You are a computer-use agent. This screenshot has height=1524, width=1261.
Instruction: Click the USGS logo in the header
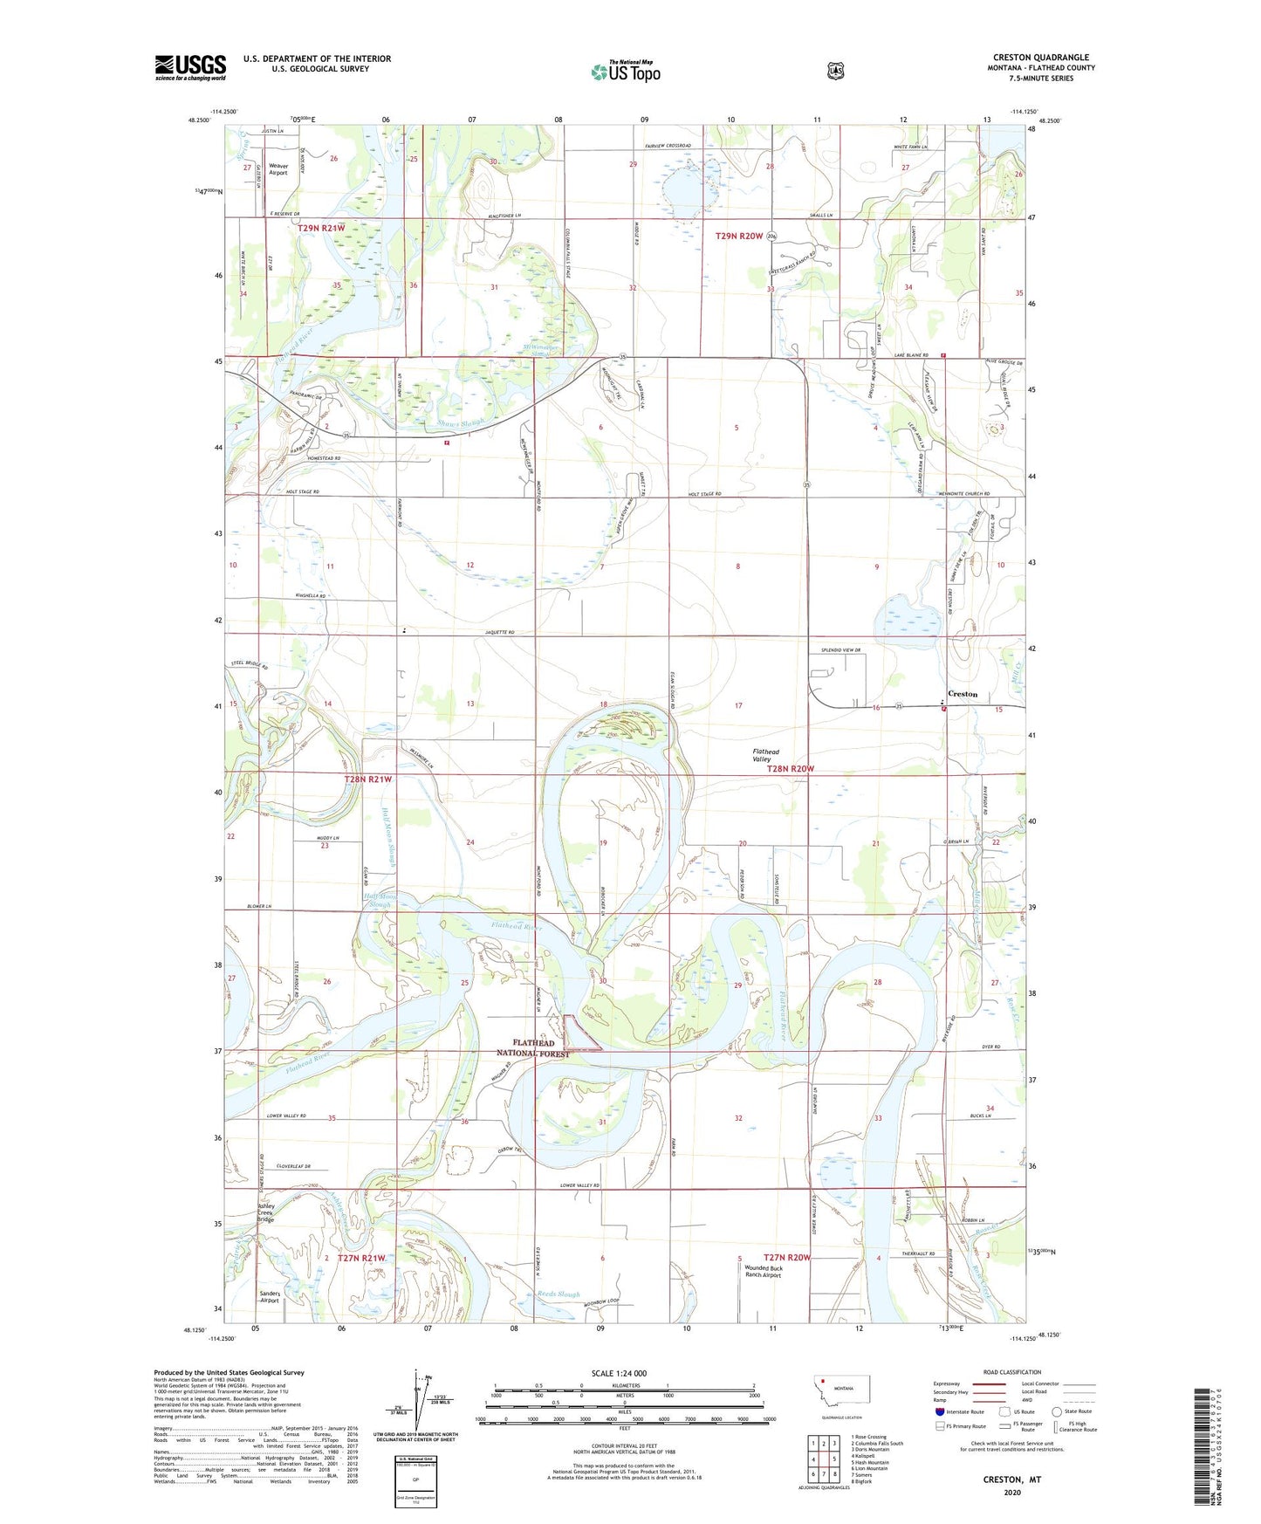[x=190, y=67]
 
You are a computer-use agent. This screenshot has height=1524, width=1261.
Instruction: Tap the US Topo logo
[x=626, y=72]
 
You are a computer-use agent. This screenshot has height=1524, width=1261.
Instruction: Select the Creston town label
[x=963, y=694]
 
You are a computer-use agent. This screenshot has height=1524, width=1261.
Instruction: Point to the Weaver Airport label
[x=278, y=169]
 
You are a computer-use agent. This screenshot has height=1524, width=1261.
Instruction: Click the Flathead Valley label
[x=766, y=755]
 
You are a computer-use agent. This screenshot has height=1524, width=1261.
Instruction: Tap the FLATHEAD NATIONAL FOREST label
[x=533, y=1048]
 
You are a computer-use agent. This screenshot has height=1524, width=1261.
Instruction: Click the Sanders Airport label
[x=269, y=1296]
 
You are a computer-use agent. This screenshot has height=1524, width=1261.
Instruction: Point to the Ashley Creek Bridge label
[x=265, y=1213]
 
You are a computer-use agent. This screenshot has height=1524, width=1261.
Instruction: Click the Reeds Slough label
[x=559, y=1294]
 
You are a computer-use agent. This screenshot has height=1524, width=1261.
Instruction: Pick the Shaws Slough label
[x=459, y=423]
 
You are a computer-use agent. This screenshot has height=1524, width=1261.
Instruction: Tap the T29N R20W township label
[x=739, y=236]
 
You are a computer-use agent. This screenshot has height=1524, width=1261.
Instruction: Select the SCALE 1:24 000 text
[x=619, y=1374]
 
